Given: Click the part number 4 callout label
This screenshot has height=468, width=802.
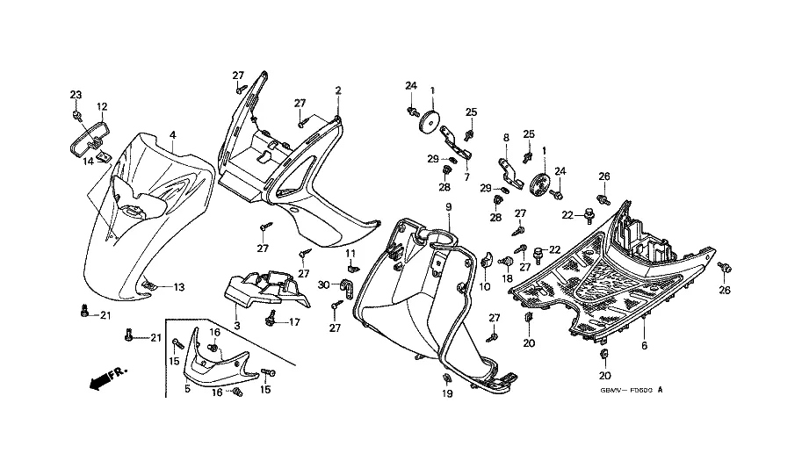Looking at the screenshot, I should [173, 134].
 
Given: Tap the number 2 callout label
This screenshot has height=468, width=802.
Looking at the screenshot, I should [338, 90].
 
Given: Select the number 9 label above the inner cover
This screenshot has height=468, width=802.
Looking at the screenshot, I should [447, 206].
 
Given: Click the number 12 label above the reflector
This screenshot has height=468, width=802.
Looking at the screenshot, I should [101, 107].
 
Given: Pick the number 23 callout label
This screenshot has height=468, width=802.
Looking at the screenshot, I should [76, 95].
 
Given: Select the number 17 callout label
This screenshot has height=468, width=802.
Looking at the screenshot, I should [294, 322].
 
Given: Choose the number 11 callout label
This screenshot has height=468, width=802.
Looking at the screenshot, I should [350, 253].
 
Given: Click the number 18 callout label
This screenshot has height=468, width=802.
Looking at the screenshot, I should [507, 279].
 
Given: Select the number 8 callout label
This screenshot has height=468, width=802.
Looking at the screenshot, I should [506, 138].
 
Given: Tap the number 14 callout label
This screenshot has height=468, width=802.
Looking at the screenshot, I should [88, 160].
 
